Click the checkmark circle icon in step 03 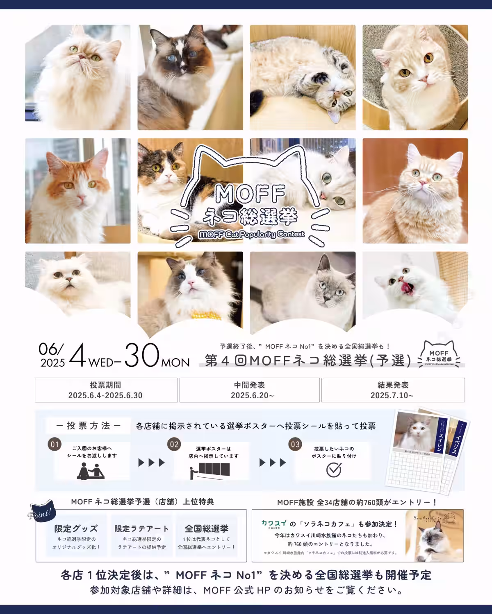click(334, 470)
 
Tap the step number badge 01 click(55, 445)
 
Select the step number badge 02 click(174, 445)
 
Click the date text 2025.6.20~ click(250, 395)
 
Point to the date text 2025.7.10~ click(392, 395)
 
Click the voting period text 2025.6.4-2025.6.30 click(105, 395)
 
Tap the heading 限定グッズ click(76, 528)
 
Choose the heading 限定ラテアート click(141, 528)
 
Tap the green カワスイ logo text click(274, 523)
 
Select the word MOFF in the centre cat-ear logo click(250, 194)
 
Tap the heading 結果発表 click(393, 385)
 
